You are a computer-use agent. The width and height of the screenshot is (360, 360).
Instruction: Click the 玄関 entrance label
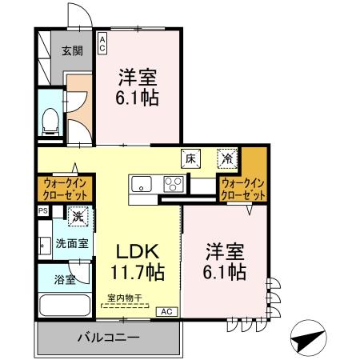click(x=72, y=51)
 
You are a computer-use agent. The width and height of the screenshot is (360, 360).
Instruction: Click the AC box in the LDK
click(x=166, y=311)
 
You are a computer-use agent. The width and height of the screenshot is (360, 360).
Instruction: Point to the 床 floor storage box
click(x=191, y=158)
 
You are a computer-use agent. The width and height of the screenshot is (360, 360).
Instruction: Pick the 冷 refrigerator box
click(x=227, y=158)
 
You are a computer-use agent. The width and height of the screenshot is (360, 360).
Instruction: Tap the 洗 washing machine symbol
click(x=78, y=215)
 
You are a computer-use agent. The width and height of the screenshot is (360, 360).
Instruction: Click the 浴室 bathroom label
click(x=65, y=281)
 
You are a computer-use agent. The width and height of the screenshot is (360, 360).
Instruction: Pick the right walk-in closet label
click(x=243, y=190)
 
